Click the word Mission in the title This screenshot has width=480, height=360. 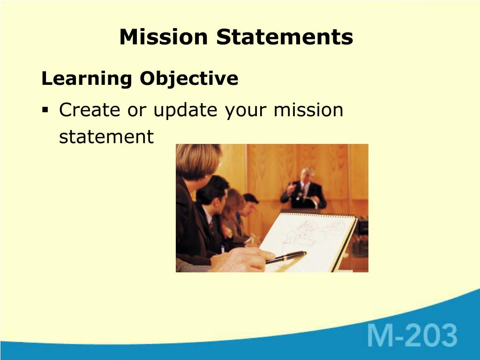tap(164, 37)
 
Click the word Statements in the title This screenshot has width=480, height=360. tap(285, 37)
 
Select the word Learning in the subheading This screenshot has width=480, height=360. tap(87, 79)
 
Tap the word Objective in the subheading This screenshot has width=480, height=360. tap(189, 79)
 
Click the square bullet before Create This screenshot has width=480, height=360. tap(45, 110)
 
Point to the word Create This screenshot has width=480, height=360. tap(90, 110)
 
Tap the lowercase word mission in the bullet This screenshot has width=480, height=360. tap(308, 110)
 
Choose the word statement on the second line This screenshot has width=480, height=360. tap(106, 137)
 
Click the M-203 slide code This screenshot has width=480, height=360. tap(412, 335)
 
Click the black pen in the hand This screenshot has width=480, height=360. tap(286, 257)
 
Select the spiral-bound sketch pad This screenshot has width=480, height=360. tap(308, 242)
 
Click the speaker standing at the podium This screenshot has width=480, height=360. tap(303, 188)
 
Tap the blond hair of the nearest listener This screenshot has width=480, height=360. tap(198, 161)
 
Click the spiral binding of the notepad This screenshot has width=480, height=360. tap(318, 215)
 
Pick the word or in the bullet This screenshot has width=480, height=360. tap(136, 111)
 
